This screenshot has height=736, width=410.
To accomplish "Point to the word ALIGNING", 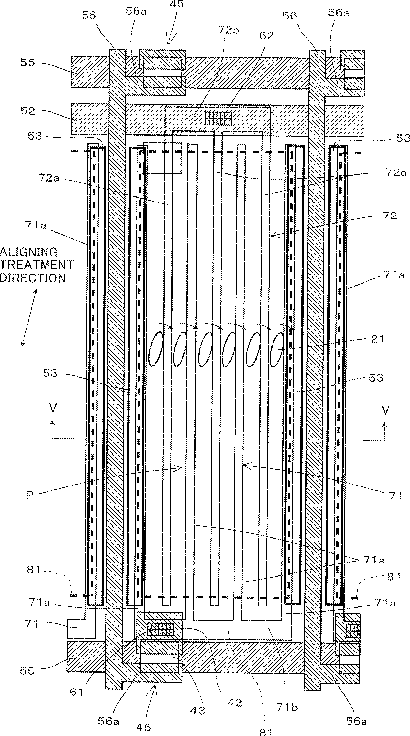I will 29,252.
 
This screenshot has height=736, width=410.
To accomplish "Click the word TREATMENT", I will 37,265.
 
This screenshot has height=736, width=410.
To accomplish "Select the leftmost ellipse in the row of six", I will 156,348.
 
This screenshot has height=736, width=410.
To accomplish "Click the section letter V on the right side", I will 385,410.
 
